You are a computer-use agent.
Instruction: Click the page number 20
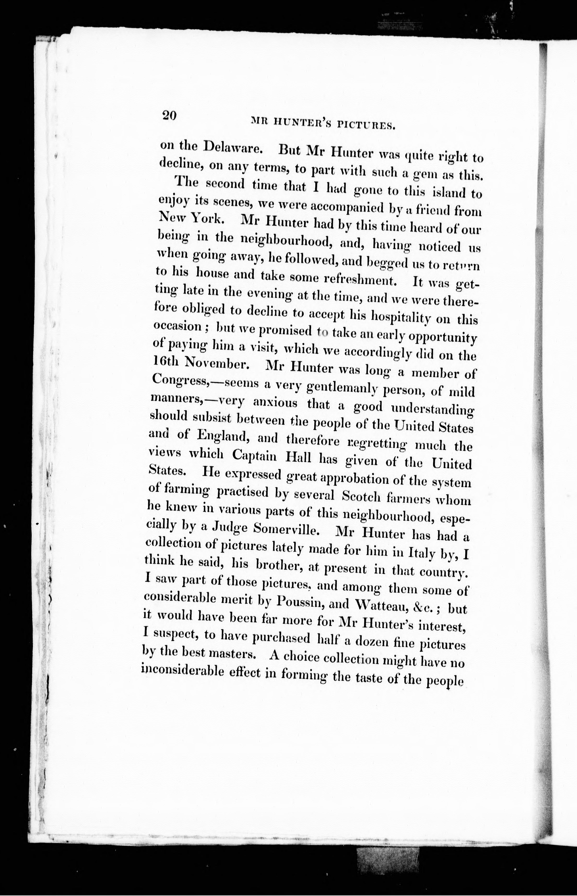pyautogui.click(x=169, y=115)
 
